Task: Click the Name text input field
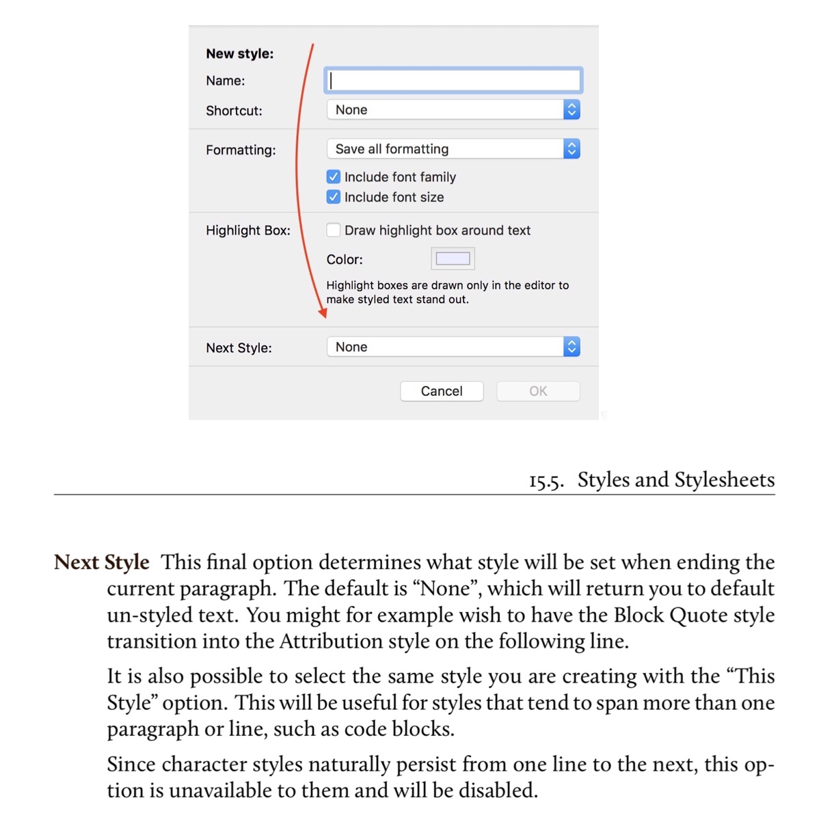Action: (453, 81)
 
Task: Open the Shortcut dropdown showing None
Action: (453, 110)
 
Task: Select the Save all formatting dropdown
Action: (453, 149)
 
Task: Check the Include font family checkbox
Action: (334, 177)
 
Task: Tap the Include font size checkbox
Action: (334, 197)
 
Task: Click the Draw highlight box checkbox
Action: (334, 230)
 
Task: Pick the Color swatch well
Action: (453, 259)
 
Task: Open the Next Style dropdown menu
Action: (453, 347)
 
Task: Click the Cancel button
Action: (442, 391)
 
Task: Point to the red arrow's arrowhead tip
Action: (323, 316)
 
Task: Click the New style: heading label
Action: (239, 53)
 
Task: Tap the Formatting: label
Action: (241, 150)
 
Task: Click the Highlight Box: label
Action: (248, 230)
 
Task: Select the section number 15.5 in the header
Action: (546, 481)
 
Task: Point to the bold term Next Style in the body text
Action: (102, 562)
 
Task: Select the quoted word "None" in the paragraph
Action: (446, 589)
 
